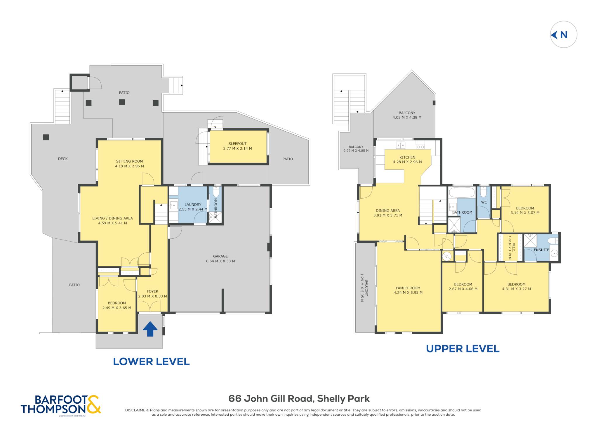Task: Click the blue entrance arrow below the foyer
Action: [150, 329]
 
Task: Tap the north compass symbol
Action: [564, 35]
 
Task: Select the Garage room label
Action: [220, 256]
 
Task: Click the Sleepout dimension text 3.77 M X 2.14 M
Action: [237, 149]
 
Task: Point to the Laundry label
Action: [193, 204]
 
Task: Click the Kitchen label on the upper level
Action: [407, 157]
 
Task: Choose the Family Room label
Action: [408, 288]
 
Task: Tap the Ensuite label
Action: [541, 250]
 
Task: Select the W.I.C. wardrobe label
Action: [513, 247]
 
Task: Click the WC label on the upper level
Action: [484, 202]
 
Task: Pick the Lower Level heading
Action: [151, 362]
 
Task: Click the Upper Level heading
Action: [463, 349]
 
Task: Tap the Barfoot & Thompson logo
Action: [61, 405]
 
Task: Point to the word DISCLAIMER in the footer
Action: [137, 410]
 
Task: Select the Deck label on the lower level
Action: [63, 159]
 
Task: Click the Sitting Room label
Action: [129, 161]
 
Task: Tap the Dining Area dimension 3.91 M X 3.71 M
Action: [388, 215]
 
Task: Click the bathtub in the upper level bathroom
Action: [462, 192]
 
